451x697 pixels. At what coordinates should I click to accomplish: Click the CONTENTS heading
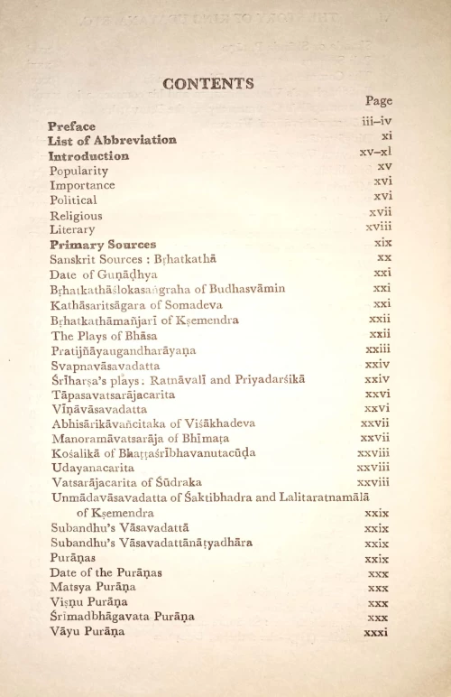pyautogui.click(x=208, y=84)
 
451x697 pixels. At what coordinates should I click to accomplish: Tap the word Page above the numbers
pyautogui.click(x=379, y=101)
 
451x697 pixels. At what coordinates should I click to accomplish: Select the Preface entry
pyautogui.click(x=72, y=126)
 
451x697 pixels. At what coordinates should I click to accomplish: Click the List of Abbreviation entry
pyautogui.click(x=112, y=140)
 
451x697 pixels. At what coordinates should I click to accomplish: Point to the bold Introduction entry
pyautogui.click(x=89, y=155)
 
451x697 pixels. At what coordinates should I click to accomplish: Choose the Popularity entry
pyautogui.click(x=79, y=171)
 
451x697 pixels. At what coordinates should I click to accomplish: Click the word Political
pyautogui.click(x=74, y=200)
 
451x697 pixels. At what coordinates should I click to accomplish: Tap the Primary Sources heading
pyautogui.click(x=103, y=245)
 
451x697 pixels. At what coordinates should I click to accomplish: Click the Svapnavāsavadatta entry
pyautogui.click(x=106, y=366)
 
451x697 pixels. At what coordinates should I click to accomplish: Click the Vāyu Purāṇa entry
pyautogui.click(x=87, y=632)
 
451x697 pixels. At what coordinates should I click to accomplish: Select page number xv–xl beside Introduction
pyautogui.click(x=375, y=152)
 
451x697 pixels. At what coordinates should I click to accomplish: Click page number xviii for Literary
pyautogui.click(x=379, y=228)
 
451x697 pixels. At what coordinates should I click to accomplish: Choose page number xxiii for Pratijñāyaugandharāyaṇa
pyautogui.click(x=378, y=348)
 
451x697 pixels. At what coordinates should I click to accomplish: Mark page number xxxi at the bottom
pyautogui.click(x=375, y=632)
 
